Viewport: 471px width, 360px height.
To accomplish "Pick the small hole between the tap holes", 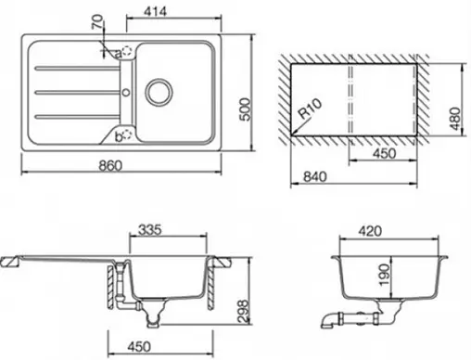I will [x=125, y=92].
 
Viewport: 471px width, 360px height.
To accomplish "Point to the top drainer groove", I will [x=74, y=67].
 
